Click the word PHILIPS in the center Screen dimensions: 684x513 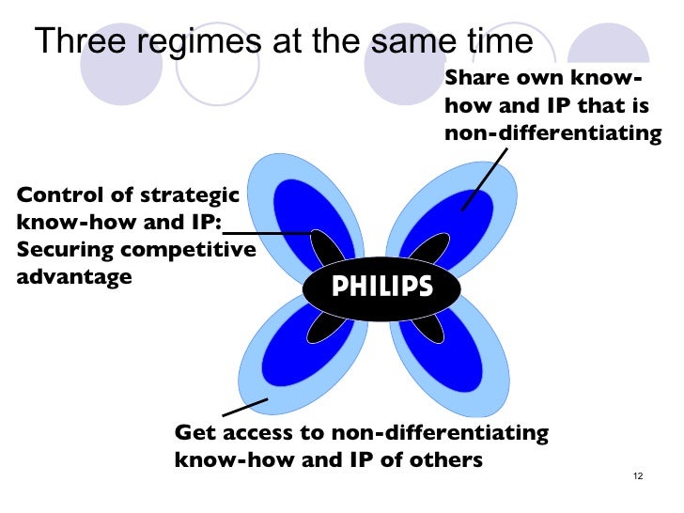point(382,287)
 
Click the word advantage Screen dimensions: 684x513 point(74,278)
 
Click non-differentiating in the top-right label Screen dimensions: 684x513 point(553,133)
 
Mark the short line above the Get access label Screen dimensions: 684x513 point(245,408)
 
